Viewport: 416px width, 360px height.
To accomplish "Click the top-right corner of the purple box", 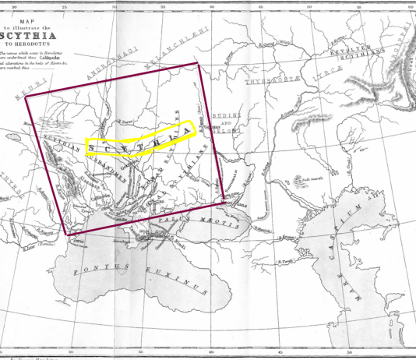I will point(199,60).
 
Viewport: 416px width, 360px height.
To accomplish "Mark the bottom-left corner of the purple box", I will point(69,234).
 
